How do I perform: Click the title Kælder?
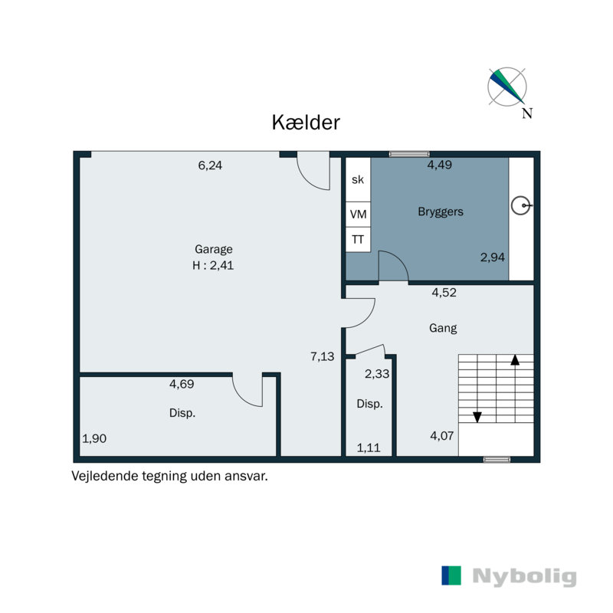click(x=306, y=123)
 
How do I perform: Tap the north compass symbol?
click(x=507, y=87)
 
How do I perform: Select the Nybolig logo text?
click(x=524, y=576)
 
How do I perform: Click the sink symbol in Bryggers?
click(x=521, y=205)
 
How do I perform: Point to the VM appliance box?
click(x=358, y=215)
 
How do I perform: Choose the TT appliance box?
click(x=358, y=240)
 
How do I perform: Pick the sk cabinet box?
click(x=358, y=180)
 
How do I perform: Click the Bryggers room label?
click(x=440, y=211)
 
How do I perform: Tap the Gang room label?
click(x=443, y=328)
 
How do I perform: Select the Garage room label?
click(x=213, y=249)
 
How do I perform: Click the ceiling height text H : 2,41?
click(x=213, y=266)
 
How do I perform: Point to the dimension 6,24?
click(x=210, y=165)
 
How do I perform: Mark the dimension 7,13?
click(x=323, y=356)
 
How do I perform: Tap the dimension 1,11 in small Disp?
click(x=369, y=448)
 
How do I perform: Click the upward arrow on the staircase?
click(x=516, y=359)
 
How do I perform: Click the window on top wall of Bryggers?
click(x=408, y=154)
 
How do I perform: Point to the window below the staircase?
click(x=497, y=460)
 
